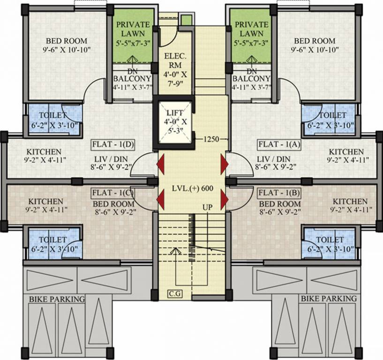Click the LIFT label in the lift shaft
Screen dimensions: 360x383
(175, 113)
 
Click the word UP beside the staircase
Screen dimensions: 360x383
(208, 207)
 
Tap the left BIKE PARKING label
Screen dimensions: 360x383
(57, 299)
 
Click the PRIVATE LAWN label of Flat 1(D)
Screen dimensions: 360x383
(133, 29)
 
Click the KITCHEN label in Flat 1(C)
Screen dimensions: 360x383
(43, 201)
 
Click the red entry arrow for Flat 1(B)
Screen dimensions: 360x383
(224, 199)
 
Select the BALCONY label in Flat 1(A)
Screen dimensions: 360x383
(251, 79)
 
